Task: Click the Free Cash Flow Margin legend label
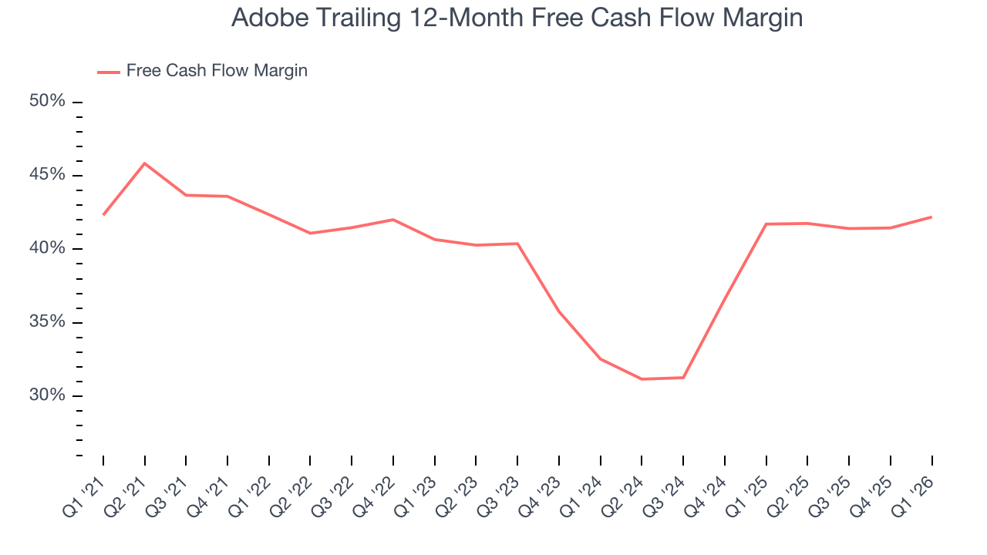coord(217,71)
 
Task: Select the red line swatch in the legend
coord(108,72)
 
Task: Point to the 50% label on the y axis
coord(48,102)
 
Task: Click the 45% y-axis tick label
coord(48,175)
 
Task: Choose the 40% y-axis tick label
coord(48,248)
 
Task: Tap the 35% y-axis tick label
coord(48,321)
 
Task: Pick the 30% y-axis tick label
coord(48,395)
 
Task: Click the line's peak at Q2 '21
coord(145,163)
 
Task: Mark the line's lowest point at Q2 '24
coord(642,379)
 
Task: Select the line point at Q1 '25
coord(766,224)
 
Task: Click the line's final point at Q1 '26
coord(931,217)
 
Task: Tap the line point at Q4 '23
coord(559,312)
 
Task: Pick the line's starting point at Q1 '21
coord(103,214)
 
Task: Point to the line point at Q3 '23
coord(517,244)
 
